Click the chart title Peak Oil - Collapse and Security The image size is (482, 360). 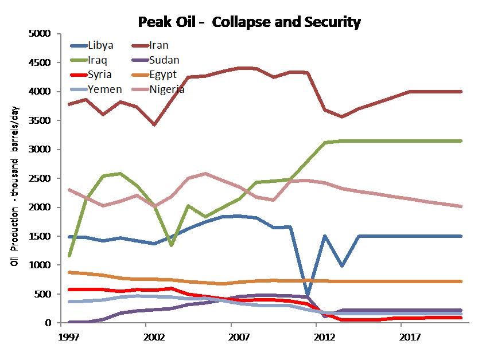(249, 23)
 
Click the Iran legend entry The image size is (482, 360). (159, 45)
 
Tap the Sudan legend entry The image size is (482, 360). (164, 60)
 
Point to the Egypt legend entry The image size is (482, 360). (164, 75)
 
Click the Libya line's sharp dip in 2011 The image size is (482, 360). (308, 296)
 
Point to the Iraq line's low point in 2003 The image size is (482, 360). (170, 245)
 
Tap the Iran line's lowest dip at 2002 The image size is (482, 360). (154, 124)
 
